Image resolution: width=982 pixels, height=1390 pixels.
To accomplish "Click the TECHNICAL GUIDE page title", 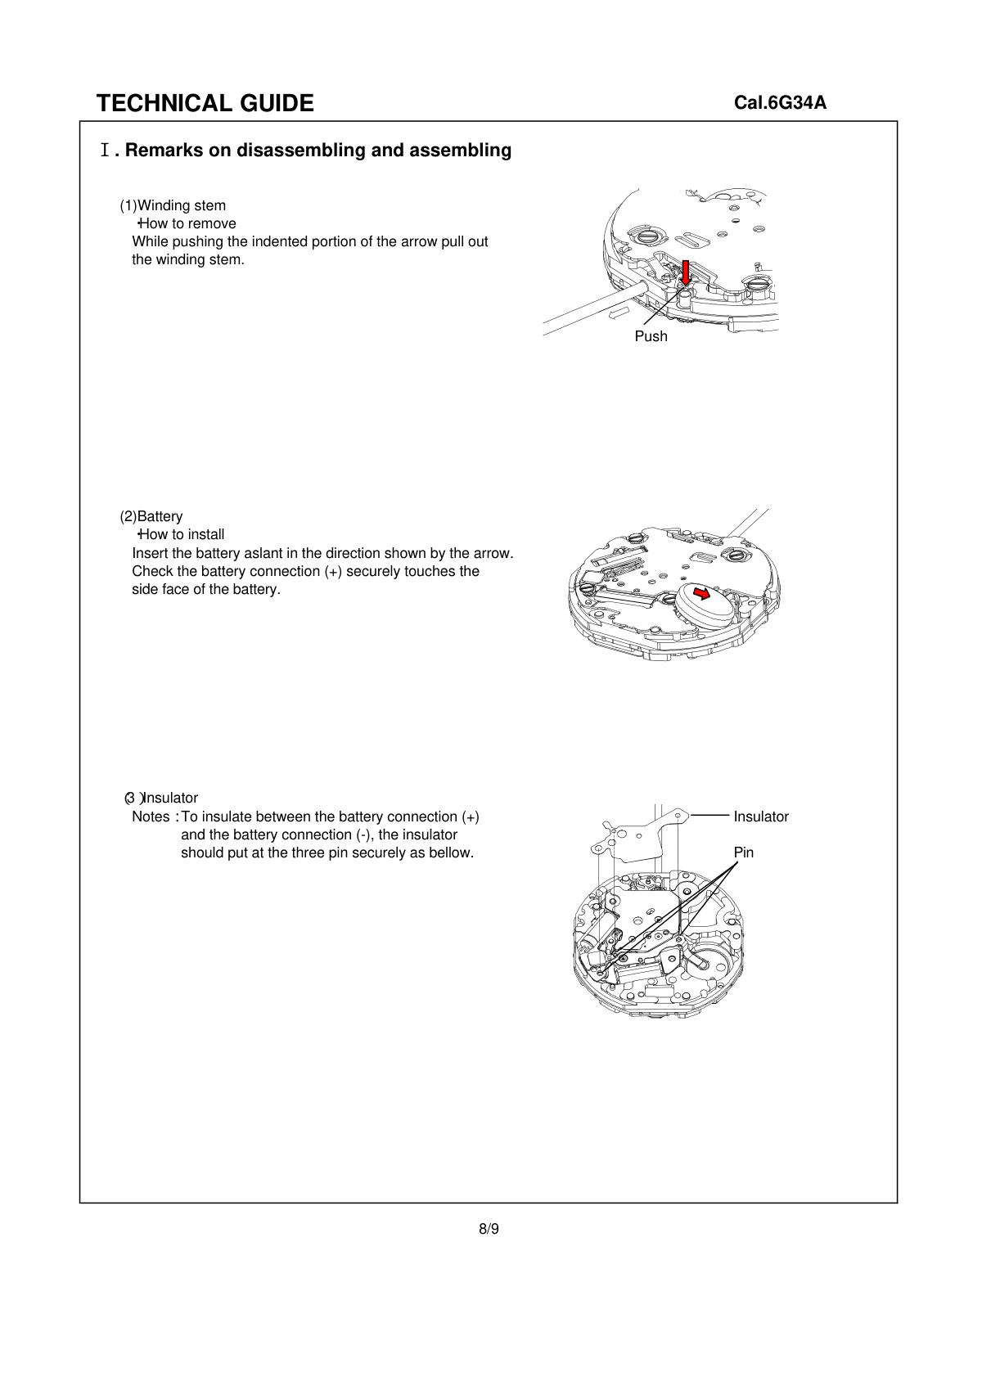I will click(205, 103).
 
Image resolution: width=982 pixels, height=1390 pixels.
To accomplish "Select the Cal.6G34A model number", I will click(780, 103).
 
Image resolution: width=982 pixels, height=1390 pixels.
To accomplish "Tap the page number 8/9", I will click(489, 1228).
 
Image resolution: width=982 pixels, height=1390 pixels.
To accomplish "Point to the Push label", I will click(651, 336).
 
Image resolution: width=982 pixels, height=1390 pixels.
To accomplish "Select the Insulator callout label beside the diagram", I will click(760, 816).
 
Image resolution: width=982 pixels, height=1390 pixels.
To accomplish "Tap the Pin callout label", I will click(743, 852).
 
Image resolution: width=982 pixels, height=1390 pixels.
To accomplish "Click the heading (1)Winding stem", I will click(173, 205).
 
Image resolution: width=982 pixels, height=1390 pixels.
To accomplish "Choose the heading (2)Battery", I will click(151, 516).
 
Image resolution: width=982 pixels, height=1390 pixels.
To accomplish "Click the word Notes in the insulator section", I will click(151, 816).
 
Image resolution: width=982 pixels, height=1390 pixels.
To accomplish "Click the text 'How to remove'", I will click(188, 223).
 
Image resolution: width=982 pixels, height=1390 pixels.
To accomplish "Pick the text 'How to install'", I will click(182, 535).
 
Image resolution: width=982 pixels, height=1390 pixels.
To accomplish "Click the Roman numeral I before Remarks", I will click(105, 151).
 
